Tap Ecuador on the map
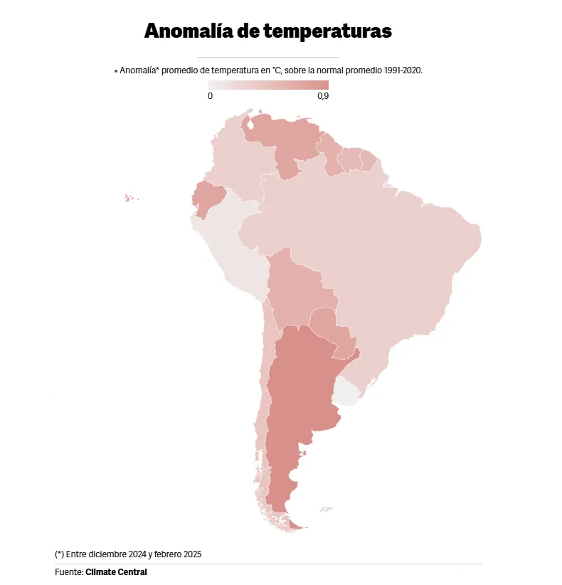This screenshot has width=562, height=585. click(208, 197)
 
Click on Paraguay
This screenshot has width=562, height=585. click(332, 331)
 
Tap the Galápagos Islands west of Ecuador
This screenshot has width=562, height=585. click(130, 198)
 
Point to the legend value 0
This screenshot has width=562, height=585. click(210, 96)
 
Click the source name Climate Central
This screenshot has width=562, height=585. click(116, 571)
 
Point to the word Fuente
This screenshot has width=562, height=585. click(68, 571)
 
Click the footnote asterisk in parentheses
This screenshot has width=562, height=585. click(59, 554)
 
